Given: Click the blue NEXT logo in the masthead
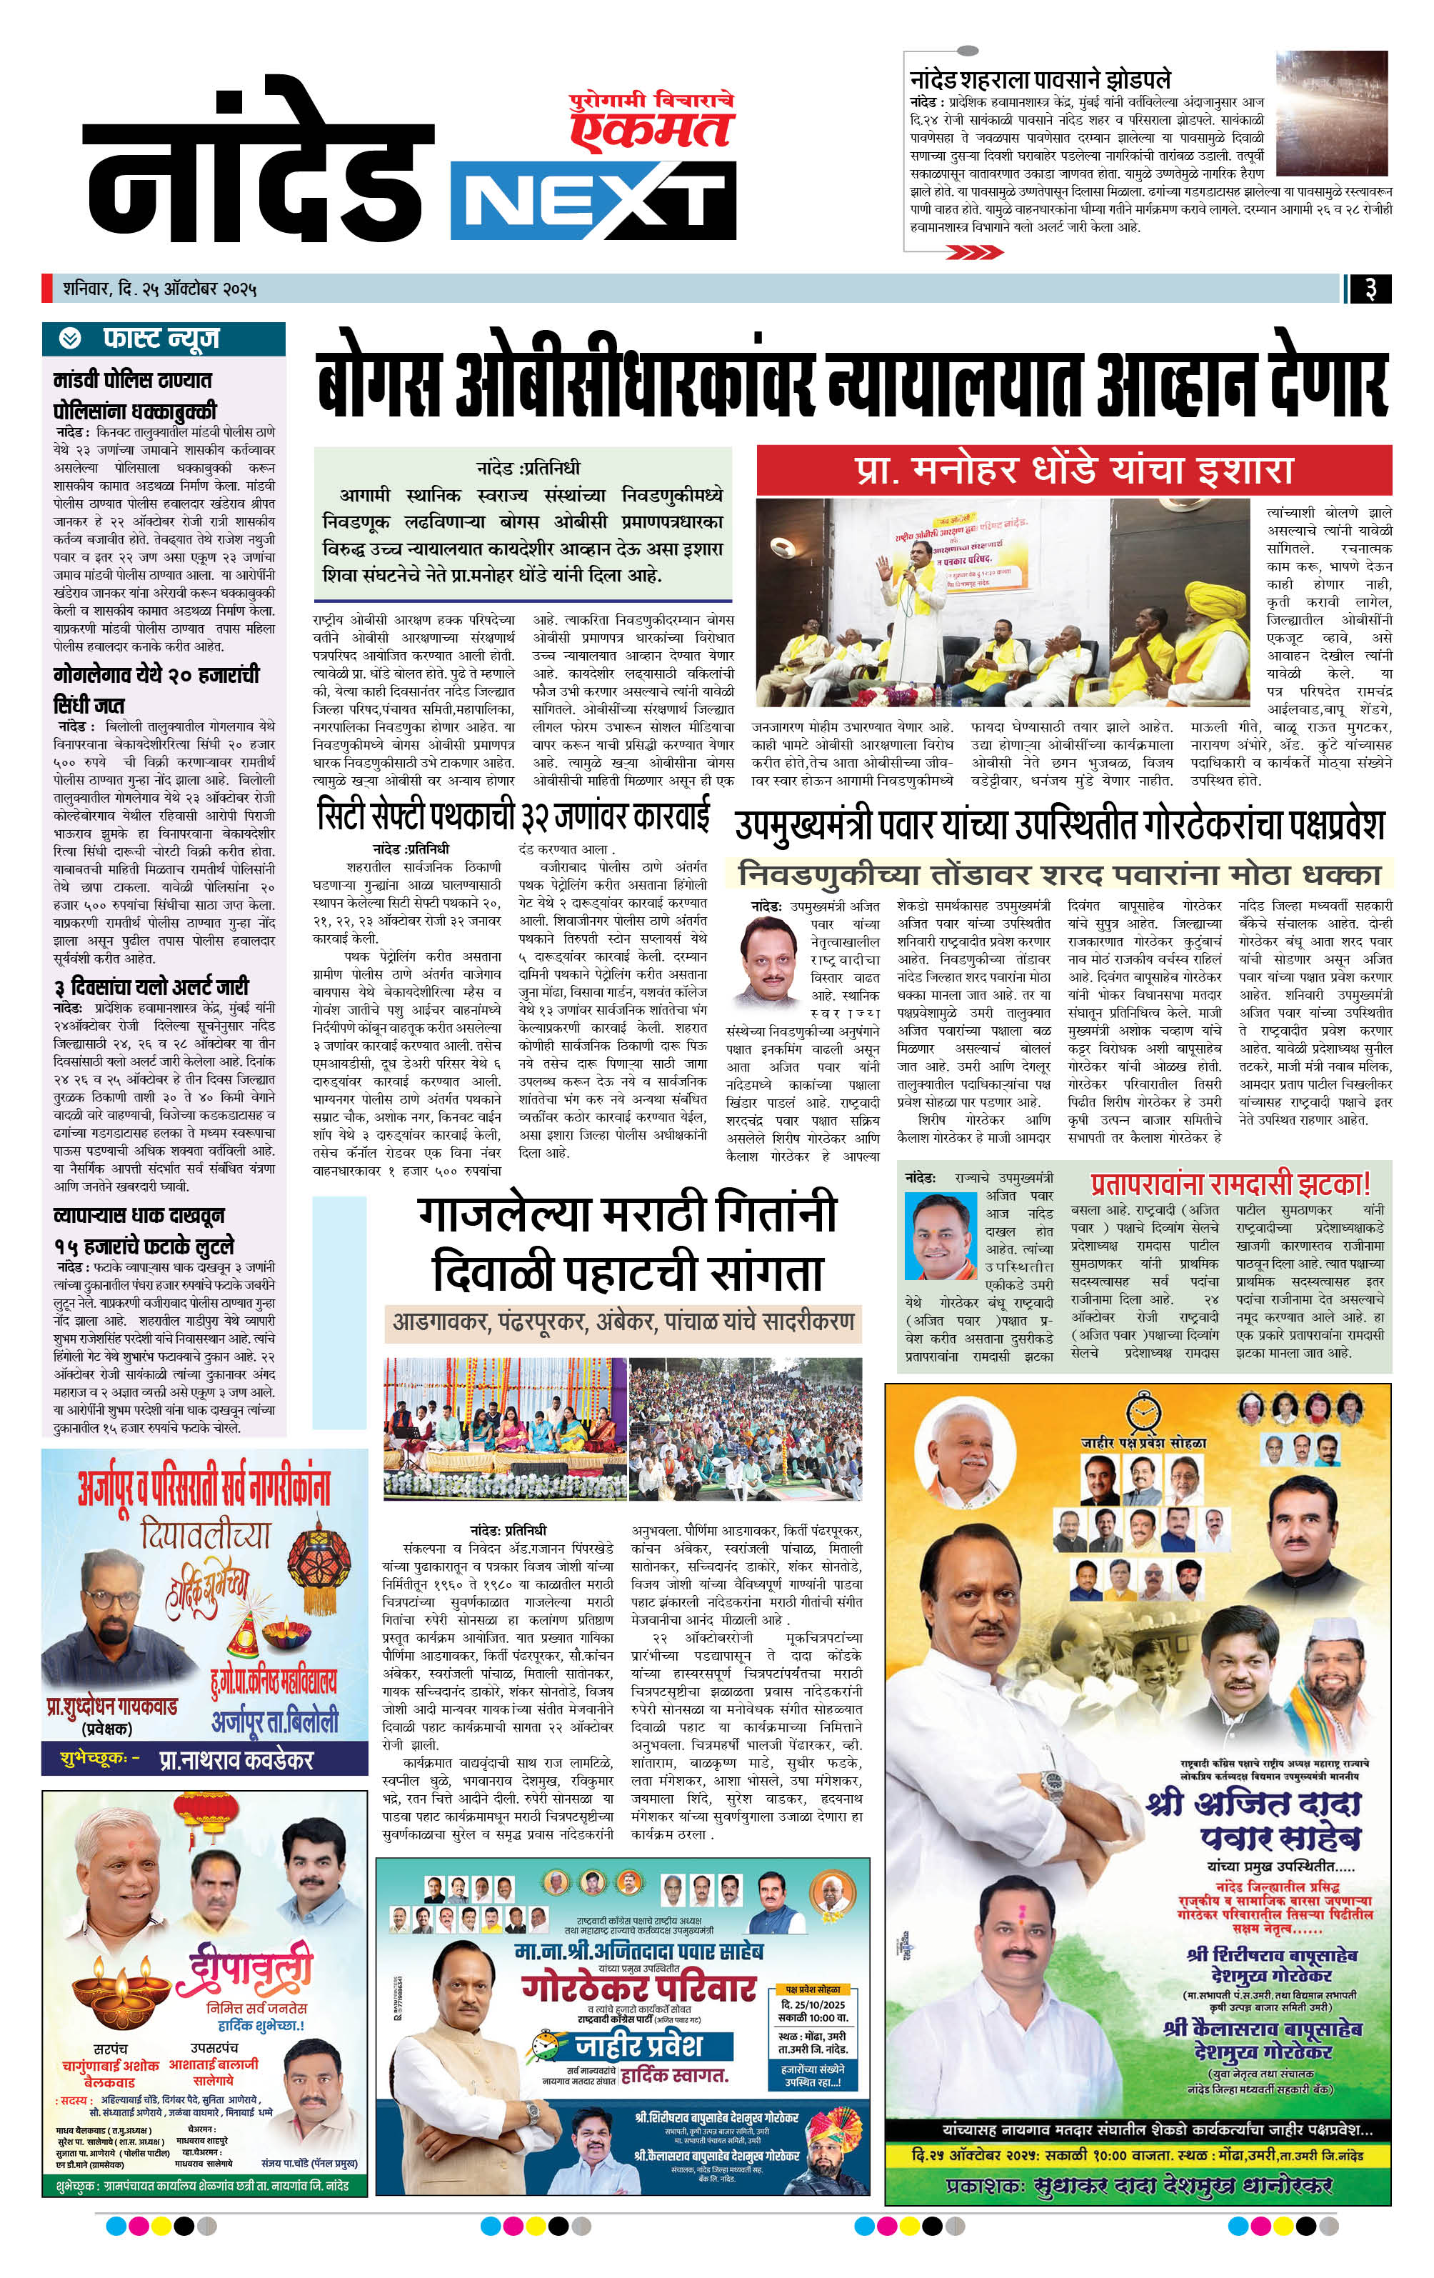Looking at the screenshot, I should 593,199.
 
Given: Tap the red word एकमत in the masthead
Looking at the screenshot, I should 652,129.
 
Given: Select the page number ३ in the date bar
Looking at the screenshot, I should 1370,289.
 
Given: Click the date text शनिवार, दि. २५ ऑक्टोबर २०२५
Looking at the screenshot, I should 160,288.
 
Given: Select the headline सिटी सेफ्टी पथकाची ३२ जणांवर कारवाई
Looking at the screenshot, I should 513,816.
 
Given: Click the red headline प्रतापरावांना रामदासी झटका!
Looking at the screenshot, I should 1230,1184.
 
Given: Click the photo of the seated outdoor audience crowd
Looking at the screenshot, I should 746,1417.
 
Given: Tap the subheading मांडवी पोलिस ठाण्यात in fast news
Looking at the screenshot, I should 132,380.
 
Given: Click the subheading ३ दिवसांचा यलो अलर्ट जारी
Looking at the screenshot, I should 151,986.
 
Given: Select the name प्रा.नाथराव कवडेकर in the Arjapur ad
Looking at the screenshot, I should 236,1759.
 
